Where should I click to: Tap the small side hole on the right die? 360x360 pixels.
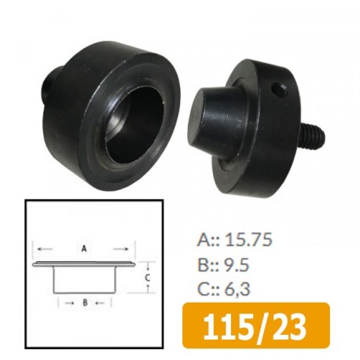pos(278,90)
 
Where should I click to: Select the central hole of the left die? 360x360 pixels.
pos(136,128)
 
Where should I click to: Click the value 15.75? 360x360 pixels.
pos(248,240)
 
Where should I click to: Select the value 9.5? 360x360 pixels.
pos(237,264)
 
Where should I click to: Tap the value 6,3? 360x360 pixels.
pos(237,288)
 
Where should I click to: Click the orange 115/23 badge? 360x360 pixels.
pos(255,325)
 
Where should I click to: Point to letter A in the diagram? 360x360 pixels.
pos(84,248)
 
